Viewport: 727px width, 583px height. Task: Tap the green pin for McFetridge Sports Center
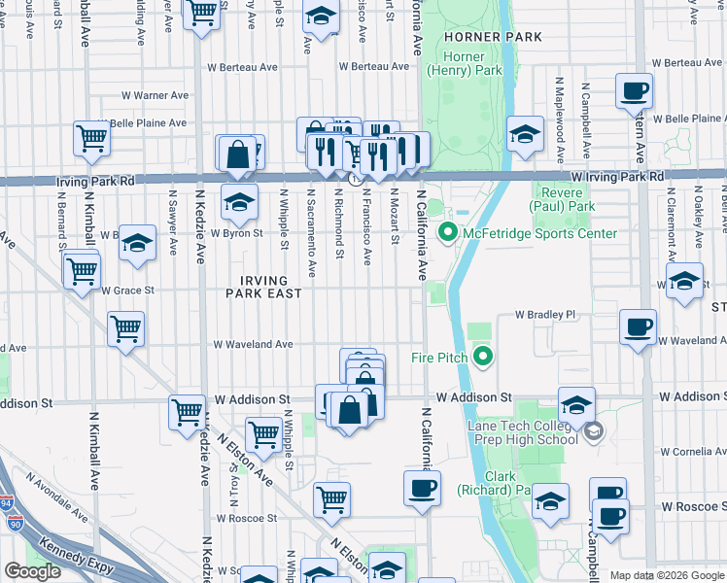tap(447, 233)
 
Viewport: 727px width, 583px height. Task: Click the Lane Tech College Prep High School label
tap(523, 430)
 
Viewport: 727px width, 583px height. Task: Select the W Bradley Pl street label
tap(545, 315)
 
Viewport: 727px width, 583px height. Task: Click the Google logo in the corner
tap(32, 571)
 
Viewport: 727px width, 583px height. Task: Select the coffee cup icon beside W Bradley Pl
tap(639, 326)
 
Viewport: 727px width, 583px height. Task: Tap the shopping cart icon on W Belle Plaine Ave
tap(91, 137)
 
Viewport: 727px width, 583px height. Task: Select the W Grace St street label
tap(129, 291)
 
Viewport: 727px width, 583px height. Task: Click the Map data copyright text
tap(667, 575)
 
